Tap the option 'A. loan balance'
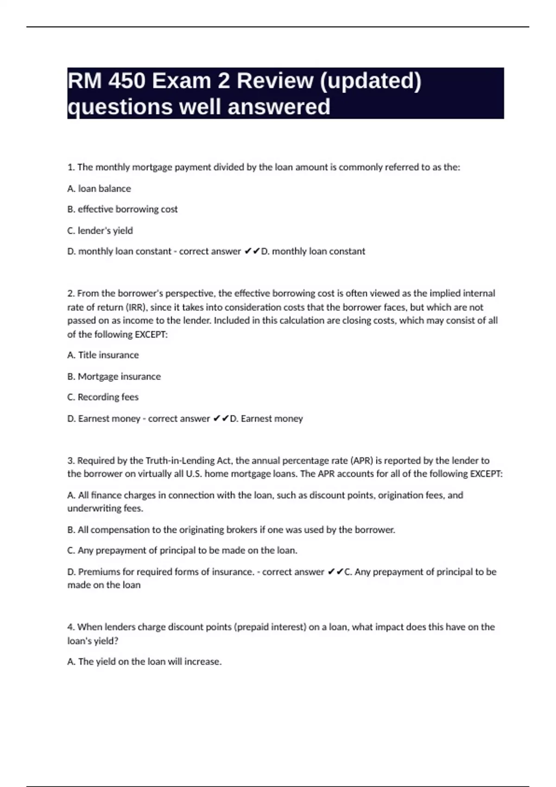tap(99, 188)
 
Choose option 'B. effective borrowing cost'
tap(122, 209)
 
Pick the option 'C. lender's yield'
tap(100, 231)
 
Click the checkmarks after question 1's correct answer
tap(252, 251)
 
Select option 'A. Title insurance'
tap(103, 355)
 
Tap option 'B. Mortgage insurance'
tap(114, 376)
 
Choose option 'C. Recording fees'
tap(103, 397)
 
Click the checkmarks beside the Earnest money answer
tap(221, 418)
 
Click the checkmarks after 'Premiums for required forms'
tap(335, 572)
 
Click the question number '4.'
tap(71, 627)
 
